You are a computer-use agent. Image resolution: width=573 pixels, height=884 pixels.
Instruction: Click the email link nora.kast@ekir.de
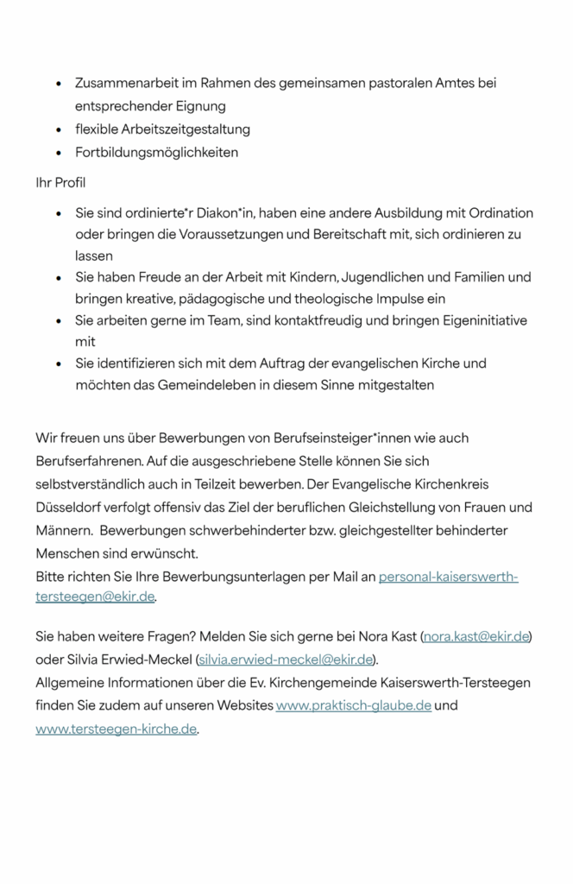[x=475, y=637]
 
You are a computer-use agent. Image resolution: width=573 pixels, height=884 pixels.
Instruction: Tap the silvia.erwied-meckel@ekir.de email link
[x=286, y=660]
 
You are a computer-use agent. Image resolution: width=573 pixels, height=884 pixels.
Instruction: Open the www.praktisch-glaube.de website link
[x=353, y=705]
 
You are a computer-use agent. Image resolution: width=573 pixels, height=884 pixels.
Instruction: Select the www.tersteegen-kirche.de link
[x=116, y=729]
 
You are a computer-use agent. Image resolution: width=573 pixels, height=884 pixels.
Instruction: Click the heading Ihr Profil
[x=60, y=183]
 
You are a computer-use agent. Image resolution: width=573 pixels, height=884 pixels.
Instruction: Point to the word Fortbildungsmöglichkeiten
[x=156, y=152]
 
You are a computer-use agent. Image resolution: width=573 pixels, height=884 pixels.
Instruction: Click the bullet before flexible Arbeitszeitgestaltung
[x=58, y=129]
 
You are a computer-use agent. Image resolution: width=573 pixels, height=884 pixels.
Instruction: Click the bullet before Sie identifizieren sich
[x=58, y=364]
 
